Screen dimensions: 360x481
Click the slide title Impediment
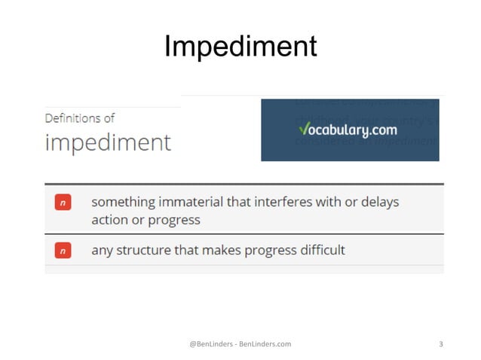(x=240, y=47)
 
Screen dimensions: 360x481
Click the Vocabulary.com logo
(x=350, y=130)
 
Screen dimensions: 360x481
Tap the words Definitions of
(x=79, y=118)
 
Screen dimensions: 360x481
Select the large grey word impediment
(x=108, y=142)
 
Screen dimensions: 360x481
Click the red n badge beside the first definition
(x=63, y=203)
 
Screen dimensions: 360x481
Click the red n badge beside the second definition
(x=63, y=250)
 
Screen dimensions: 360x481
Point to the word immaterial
(x=195, y=203)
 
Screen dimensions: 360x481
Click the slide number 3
(x=440, y=344)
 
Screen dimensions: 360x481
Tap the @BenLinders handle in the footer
(x=211, y=344)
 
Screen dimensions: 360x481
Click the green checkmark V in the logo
(x=302, y=129)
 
